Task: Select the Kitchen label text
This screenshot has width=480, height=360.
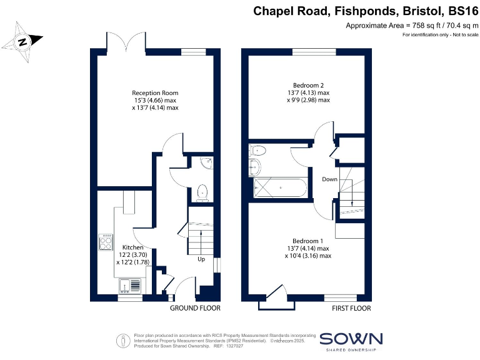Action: pyautogui.click(x=132, y=247)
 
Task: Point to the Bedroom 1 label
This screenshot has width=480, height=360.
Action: pyautogui.click(x=308, y=241)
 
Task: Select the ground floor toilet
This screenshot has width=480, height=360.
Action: pyautogui.click(x=202, y=192)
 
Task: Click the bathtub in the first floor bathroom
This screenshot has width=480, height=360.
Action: pyautogui.click(x=279, y=187)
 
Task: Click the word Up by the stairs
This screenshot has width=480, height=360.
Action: pyautogui.click(x=201, y=259)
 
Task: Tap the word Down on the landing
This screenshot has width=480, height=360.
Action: pyautogui.click(x=329, y=179)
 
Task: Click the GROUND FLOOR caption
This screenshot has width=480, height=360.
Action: pyautogui.click(x=195, y=308)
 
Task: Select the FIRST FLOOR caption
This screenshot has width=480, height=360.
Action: pyautogui.click(x=351, y=308)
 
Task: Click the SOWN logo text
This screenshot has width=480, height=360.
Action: pyautogui.click(x=351, y=339)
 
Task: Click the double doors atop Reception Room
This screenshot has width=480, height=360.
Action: pyautogui.click(x=127, y=42)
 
